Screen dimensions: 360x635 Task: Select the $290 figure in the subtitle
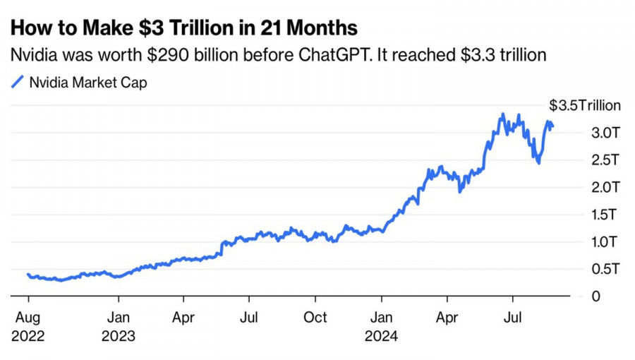(x=164, y=54)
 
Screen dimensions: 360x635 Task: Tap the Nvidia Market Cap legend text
(x=88, y=83)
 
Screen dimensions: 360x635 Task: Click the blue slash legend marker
(x=18, y=83)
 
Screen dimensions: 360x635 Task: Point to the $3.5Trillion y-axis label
(x=585, y=106)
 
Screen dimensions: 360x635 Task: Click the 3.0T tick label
(x=606, y=133)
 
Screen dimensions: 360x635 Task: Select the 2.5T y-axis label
(x=606, y=160)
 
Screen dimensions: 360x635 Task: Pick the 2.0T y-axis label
(x=606, y=188)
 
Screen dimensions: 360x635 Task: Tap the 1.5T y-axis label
(x=606, y=215)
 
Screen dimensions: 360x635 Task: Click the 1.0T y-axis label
(x=606, y=242)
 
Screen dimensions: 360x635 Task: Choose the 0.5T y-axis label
(x=606, y=269)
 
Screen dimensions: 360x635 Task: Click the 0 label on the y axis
(x=596, y=296)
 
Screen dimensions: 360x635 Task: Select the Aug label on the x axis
(x=28, y=318)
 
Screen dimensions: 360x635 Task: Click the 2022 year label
(x=28, y=336)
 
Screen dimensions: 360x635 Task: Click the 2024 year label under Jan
(x=381, y=336)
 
